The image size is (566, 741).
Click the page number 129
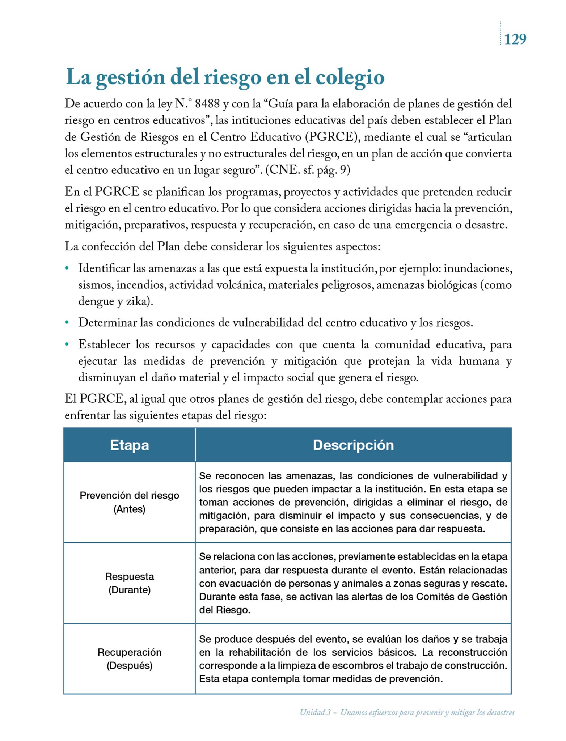(515, 39)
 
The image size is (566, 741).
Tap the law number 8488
(207, 104)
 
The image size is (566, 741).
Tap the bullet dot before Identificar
(67, 269)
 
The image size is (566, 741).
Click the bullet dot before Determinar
(67, 323)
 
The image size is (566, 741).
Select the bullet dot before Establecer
(67, 344)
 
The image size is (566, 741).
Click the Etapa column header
(129, 445)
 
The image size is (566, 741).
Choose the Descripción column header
(353, 445)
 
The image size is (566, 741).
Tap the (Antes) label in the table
(129, 509)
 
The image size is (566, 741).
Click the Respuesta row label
(129, 576)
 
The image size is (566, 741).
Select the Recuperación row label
(129, 652)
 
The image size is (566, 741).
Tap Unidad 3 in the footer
(315, 712)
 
